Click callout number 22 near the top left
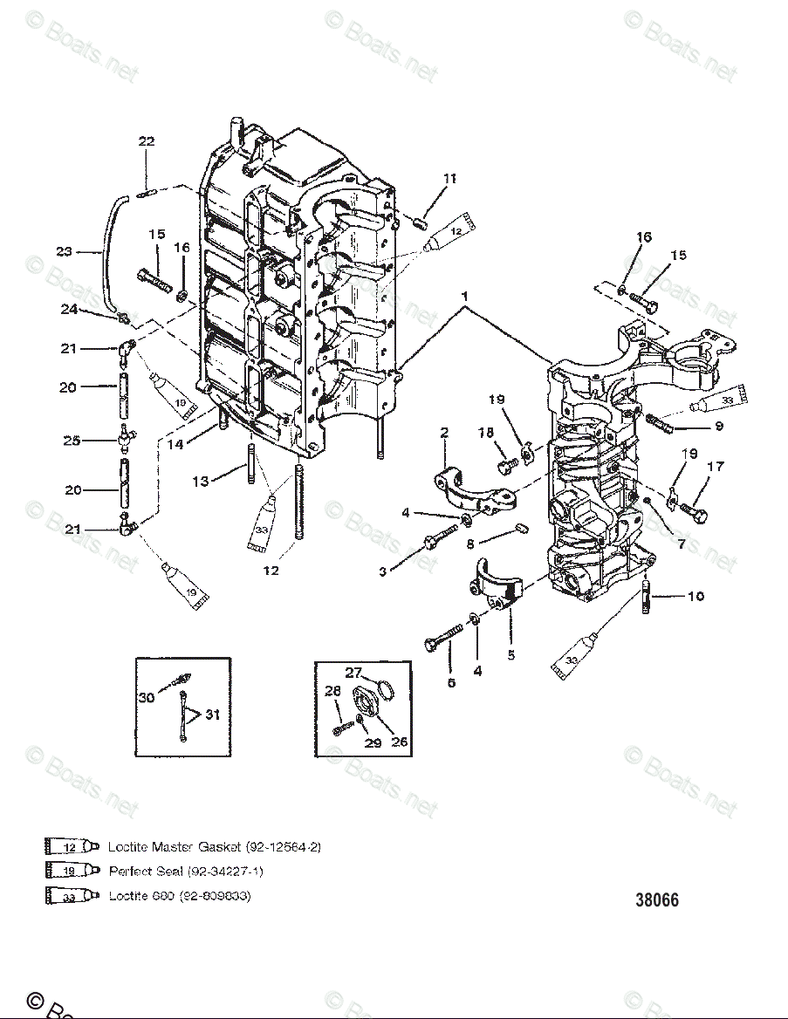(x=147, y=142)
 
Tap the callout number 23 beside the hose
(x=65, y=252)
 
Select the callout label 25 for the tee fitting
(x=72, y=441)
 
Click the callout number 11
(x=449, y=179)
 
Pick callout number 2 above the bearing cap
(x=444, y=432)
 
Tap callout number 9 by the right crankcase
(x=718, y=426)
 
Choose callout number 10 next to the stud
(x=695, y=597)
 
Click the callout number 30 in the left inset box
(x=147, y=697)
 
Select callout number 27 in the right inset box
(x=353, y=673)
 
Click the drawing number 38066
(x=656, y=900)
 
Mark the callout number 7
(x=682, y=544)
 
